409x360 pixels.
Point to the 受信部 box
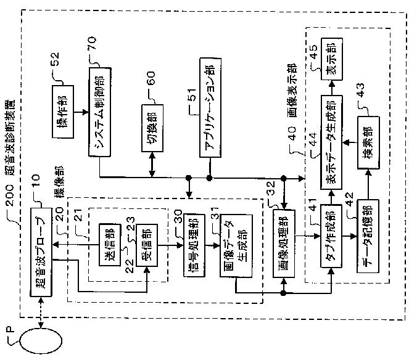tap(147, 245)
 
